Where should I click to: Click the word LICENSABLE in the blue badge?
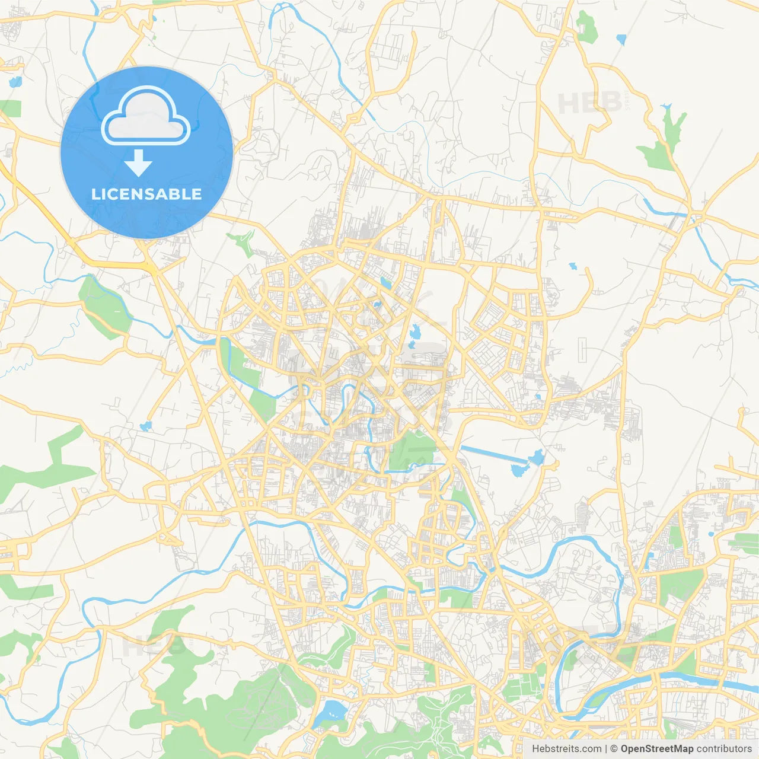pyautogui.click(x=146, y=194)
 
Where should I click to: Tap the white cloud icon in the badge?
pyautogui.click(x=146, y=117)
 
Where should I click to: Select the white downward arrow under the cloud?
pyautogui.click(x=139, y=163)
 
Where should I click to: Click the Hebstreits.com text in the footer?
pyautogui.click(x=566, y=749)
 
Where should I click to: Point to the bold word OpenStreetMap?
pyautogui.click(x=657, y=749)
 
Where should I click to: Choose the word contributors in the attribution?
pyautogui.click(x=724, y=749)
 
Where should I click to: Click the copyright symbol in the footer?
pyautogui.click(x=614, y=749)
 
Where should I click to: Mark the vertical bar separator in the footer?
pyautogui.click(x=605, y=749)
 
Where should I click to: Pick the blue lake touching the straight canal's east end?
pyautogui.click(x=537, y=457)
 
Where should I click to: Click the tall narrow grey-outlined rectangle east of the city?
pyautogui.click(x=582, y=350)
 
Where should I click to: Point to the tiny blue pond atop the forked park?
pyautogui.click(x=666, y=107)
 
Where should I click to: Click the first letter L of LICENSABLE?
pyautogui.click(x=95, y=194)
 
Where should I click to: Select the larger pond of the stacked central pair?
pyautogui.click(x=414, y=332)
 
